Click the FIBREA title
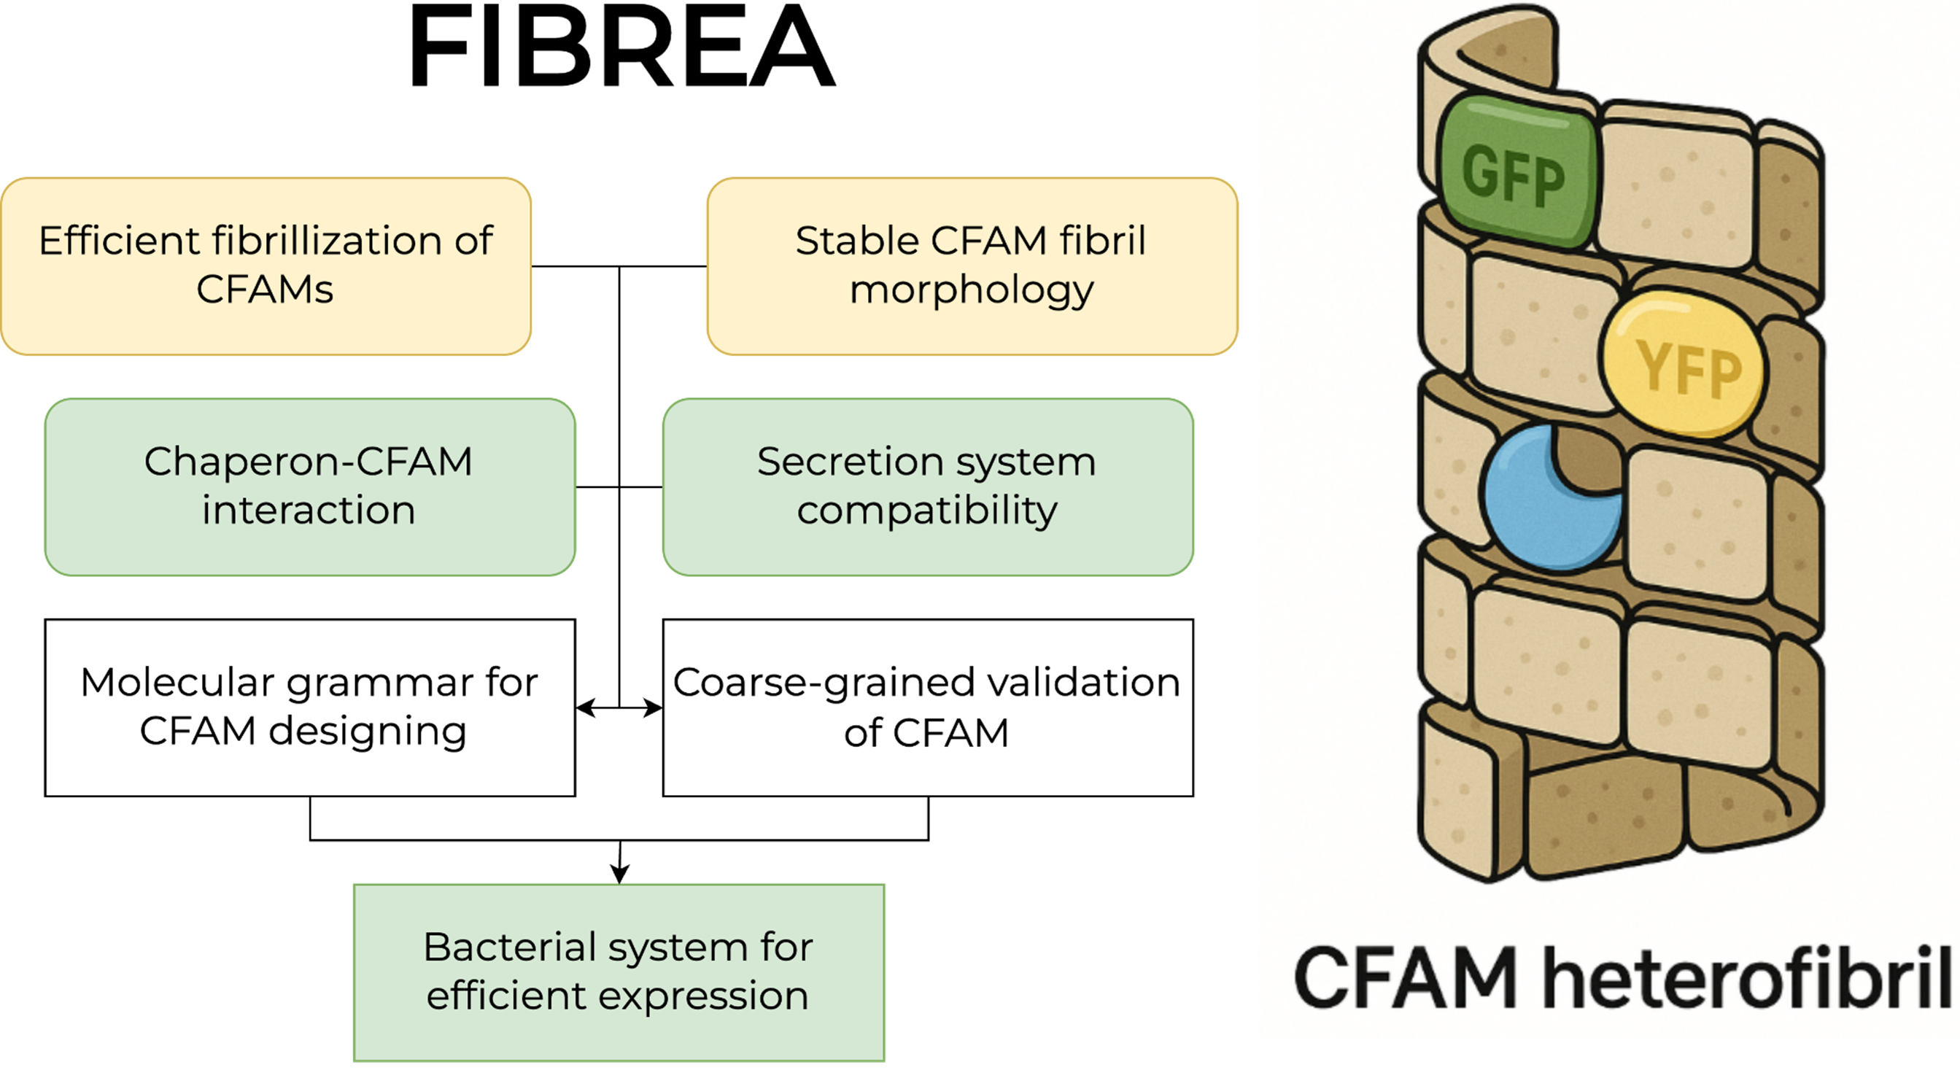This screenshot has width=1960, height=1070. [x=621, y=47]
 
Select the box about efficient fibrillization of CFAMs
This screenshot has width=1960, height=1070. [x=266, y=265]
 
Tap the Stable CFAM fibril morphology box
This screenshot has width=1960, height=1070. [x=972, y=265]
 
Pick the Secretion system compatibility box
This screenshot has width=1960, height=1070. [x=928, y=486]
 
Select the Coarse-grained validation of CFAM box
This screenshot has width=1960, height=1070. [x=928, y=707]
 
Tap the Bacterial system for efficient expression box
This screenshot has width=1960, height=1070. [x=619, y=972]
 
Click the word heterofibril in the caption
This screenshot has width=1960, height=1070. [x=1750, y=978]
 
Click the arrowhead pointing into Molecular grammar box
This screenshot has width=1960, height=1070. [x=584, y=707]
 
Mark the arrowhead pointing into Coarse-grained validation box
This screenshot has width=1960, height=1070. [x=654, y=707]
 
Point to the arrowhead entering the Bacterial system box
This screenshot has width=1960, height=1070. [x=619, y=875]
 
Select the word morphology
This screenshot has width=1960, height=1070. [x=972, y=291]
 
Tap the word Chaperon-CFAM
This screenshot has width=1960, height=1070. [x=308, y=462]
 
